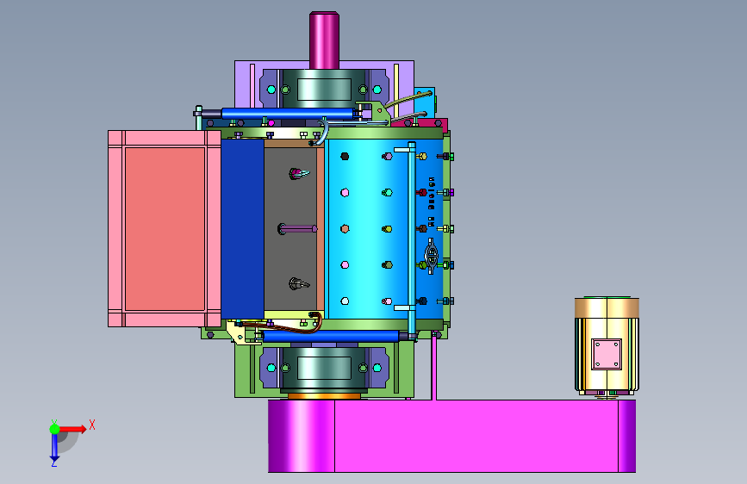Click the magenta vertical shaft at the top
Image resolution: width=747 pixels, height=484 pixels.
click(324, 41)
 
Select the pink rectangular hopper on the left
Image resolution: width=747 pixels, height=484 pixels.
click(165, 229)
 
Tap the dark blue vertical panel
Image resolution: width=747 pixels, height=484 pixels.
click(242, 229)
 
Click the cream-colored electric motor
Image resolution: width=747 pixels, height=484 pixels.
click(607, 346)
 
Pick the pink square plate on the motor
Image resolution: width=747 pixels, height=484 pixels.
click(607, 355)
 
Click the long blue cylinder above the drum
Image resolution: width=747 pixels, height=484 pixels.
click(287, 114)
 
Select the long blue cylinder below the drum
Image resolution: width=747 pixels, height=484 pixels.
click(332, 337)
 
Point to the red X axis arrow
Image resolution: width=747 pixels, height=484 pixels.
click(72, 429)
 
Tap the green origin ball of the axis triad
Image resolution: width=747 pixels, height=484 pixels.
click(54, 429)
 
